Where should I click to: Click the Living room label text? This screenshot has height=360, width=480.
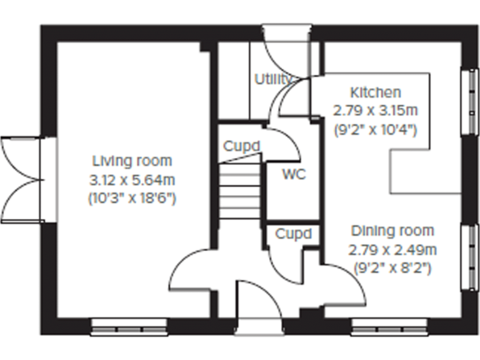click(x=131, y=161)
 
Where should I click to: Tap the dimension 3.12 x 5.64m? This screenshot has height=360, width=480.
click(x=131, y=181)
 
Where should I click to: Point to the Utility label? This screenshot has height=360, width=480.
click(x=273, y=79)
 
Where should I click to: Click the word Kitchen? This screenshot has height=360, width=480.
click(x=375, y=92)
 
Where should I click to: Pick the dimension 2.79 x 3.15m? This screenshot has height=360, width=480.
click(x=375, y=111)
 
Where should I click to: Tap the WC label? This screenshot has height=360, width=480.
click(x=293, y=174)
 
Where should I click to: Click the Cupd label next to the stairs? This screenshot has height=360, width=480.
click(x=241, y=146)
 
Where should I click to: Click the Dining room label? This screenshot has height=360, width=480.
click(x=392, y=231)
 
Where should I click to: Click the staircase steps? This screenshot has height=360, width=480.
click(x=239, y=188)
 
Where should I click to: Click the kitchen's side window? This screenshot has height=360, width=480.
click(x=467, y=101)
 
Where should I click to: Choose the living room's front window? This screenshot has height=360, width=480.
click(x=129, y=325)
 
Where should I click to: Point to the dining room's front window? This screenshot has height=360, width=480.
click(x=389, y=325)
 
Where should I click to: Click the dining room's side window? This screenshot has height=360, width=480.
click(x=467, y=257)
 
